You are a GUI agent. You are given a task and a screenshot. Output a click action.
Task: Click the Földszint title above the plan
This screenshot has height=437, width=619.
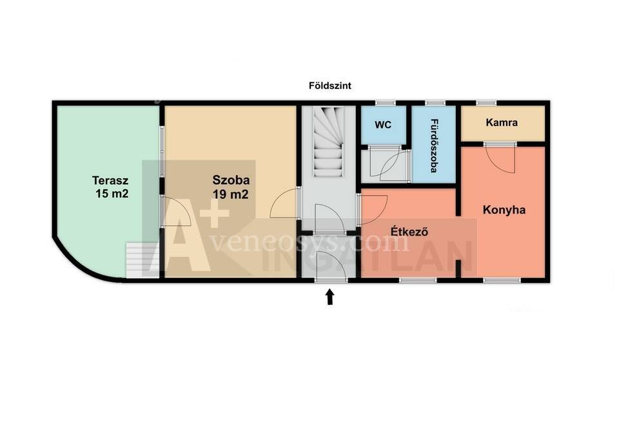(329, 86)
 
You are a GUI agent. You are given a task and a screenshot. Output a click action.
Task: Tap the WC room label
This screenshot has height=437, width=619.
(383, 125)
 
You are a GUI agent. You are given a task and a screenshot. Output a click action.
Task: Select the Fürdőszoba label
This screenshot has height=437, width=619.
(434, 146)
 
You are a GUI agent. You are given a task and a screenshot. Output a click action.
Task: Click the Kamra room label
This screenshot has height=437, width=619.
(502, 122)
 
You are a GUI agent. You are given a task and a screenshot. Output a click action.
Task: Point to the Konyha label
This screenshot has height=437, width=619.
(504, 210)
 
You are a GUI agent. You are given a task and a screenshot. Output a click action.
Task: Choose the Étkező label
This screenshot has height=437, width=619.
(409, 231)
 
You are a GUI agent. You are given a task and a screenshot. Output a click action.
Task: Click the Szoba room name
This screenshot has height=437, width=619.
(231, 180)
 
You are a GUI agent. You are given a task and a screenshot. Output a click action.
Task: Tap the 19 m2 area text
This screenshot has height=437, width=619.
(231, 194)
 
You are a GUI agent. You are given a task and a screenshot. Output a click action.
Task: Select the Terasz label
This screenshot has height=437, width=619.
(110, 180)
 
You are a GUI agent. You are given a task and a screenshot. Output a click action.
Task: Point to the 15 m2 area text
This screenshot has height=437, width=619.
(112, 194)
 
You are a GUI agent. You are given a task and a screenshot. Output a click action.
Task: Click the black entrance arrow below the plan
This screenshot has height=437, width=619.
(330, 297)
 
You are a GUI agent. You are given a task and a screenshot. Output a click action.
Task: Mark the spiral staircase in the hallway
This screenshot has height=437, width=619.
(328, 142)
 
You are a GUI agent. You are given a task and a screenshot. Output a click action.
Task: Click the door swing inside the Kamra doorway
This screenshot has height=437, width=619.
(500, 159)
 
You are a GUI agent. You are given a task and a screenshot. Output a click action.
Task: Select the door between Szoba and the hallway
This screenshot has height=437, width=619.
(285, 203)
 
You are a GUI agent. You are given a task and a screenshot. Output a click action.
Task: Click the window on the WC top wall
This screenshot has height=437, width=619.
(385, 103)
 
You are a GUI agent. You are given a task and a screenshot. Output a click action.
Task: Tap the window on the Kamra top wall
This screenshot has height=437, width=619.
(486, 103)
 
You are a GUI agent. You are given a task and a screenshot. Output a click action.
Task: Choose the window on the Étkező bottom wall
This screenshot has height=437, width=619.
(418, 280)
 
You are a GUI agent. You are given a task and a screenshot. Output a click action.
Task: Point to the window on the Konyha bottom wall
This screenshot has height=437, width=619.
(502, 280)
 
